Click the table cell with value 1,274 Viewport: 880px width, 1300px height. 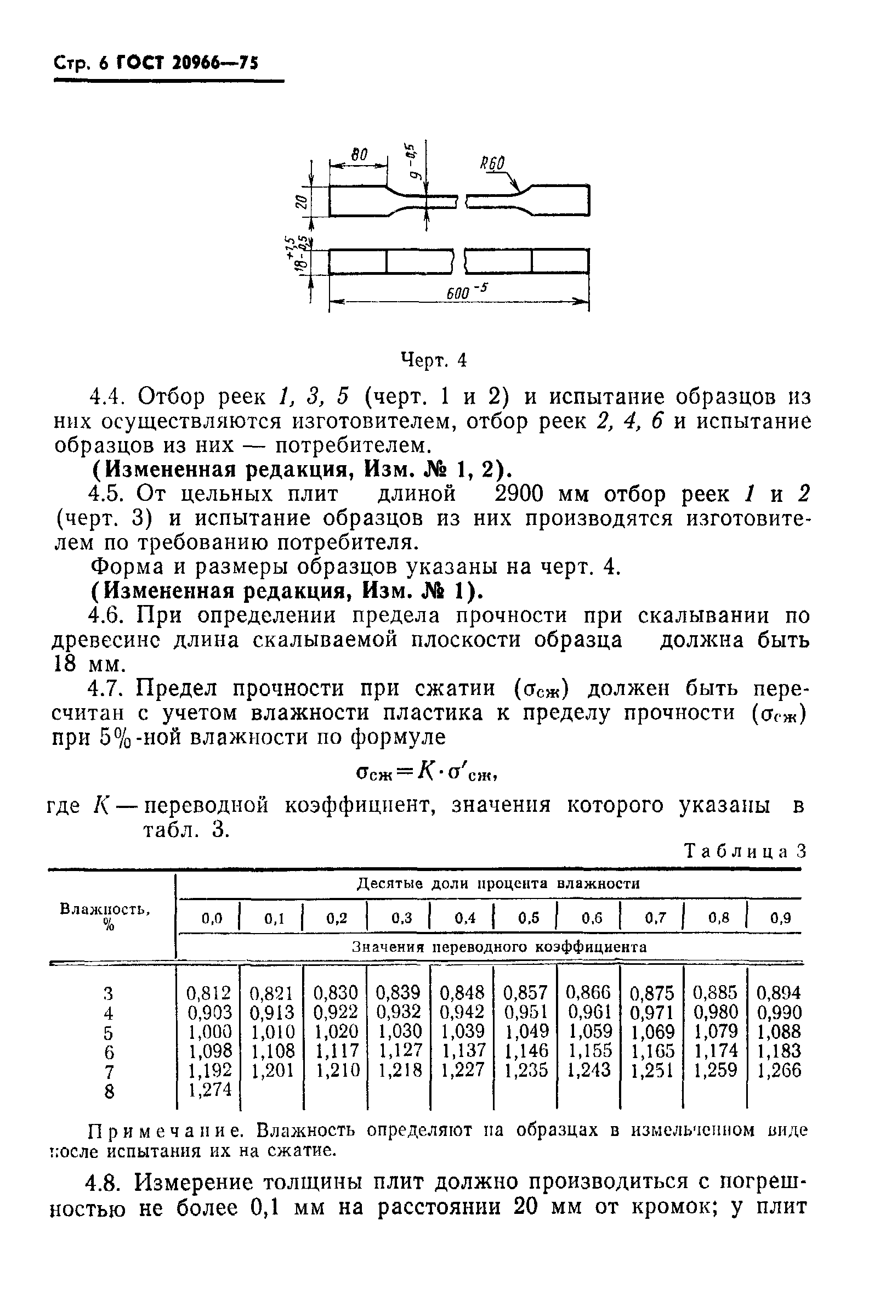[x=209, y=1090]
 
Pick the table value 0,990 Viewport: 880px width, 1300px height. [x=779, y=1012]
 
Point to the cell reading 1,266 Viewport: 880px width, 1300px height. [x=779, y=1070]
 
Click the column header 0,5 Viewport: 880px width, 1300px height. [x=529, y=918]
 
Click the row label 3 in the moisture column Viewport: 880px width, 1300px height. [x=109, y=993]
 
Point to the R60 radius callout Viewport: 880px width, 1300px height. [x=492, y=164]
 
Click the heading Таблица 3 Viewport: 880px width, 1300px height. [x=745, y=851]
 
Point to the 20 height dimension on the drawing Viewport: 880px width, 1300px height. [x=301, y=201]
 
